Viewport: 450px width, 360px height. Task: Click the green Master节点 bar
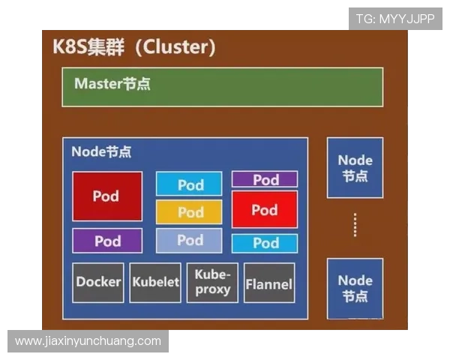tap(222, 86)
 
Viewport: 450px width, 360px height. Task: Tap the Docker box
tap(98, 282)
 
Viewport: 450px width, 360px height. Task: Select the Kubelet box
tap(155, 282)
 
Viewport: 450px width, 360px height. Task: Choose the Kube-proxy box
tap(212, 282)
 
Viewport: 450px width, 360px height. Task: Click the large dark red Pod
tap(107, 196)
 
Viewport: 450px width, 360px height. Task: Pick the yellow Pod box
tap(189, 212)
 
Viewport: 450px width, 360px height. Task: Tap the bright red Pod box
tap(264, 210)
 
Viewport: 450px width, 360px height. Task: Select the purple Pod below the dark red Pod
tap(107, 241)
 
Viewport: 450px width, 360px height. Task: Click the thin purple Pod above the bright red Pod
tap(265, 179)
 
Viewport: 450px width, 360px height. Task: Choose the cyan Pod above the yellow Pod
tap(189, 184)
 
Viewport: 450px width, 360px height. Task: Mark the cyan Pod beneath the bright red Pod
tap(265, 243)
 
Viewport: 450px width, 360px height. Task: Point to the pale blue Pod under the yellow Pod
tap(189, 241)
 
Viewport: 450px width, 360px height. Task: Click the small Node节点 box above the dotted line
tap(355, 167)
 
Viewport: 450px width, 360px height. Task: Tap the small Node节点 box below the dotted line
tap(355, 288)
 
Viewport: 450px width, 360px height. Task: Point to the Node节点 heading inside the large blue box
tap(101, 151)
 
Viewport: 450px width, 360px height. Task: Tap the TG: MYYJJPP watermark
tap(395, 19)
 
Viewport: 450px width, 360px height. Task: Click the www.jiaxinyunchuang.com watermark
tap(88, 341)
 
